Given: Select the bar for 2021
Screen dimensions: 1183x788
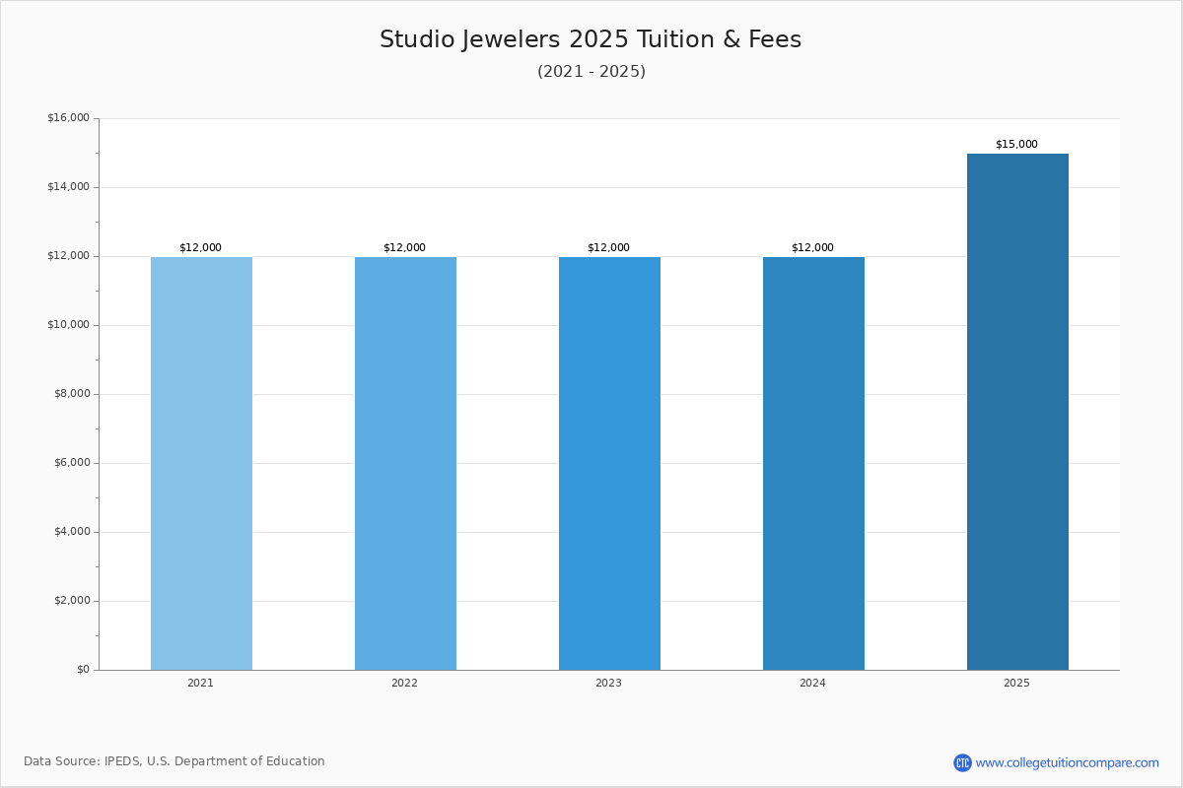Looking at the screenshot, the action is [x=201, y=463].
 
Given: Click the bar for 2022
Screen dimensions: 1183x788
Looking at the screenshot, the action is [x=405, y=463].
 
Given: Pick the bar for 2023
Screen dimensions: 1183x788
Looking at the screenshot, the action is [x=609, y=463].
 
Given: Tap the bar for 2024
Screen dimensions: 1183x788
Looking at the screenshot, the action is [x=814, y=463].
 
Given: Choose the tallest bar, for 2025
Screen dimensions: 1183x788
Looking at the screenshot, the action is [x=1017, y=412].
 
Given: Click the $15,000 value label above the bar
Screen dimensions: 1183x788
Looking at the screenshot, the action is [x=1016, y=144].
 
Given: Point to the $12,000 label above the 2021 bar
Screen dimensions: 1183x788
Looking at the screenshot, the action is [x=201, y=247].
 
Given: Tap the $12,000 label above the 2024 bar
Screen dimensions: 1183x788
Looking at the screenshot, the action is [x=812, y=247].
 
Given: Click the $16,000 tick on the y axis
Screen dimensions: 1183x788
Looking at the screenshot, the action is [x=69, y=117].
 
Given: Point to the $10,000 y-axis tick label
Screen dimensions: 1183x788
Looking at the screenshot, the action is [x=69, y=325].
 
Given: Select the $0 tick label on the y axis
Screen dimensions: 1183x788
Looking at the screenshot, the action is [x=84, y=669].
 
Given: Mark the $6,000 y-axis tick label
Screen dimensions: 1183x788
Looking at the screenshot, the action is [x=72, y=462].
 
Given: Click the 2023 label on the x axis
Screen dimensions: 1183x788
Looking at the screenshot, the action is [x=608, y=683].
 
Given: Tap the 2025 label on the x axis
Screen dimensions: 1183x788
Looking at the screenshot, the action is [x=1016, y=683].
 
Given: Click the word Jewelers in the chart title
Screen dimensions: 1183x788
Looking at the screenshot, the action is [x=512, y=39].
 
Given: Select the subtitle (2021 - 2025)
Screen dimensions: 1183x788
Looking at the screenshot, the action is [x=591, y=71].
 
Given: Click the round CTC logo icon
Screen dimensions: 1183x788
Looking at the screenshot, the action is [x=962, y=762].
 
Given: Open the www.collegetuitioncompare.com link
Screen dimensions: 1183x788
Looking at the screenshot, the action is [x=1068, y=762].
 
